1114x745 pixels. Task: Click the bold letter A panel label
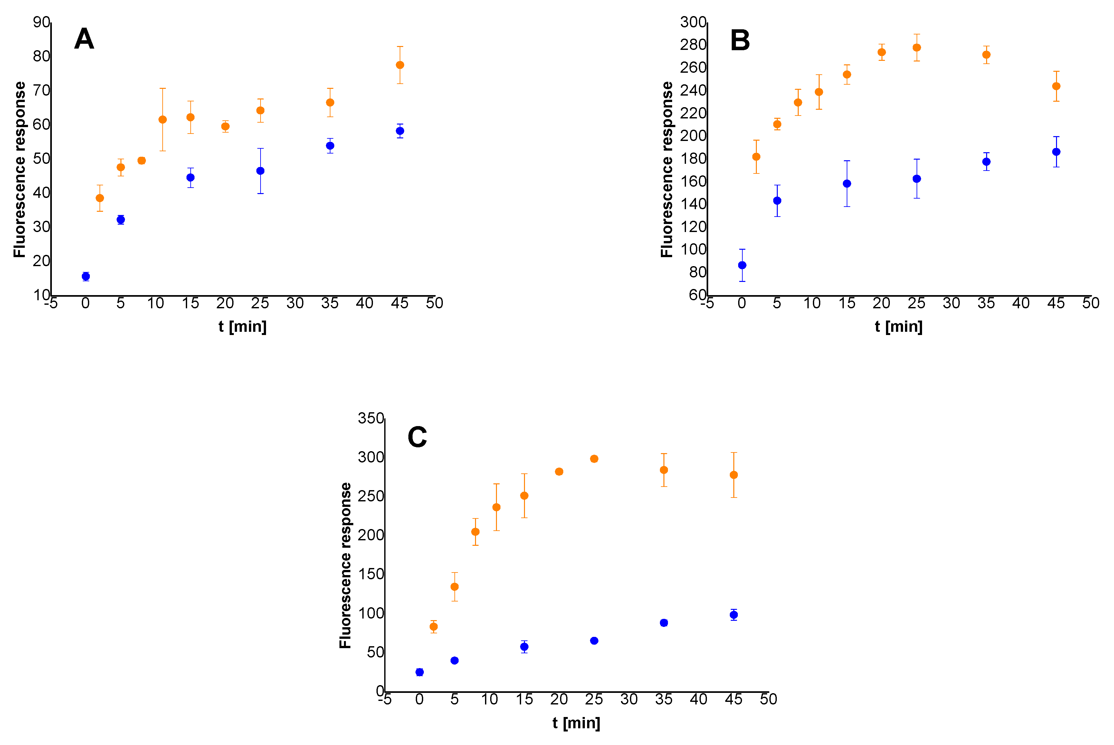(x=84, y=39)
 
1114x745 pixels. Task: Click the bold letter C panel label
(x=417, y=437)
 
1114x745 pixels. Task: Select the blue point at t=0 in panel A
(x=86, y=276)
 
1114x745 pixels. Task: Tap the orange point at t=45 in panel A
(x=400, y=65)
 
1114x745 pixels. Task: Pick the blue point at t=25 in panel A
(x=260, y=171)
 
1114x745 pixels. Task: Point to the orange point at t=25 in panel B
(x=917, y=48)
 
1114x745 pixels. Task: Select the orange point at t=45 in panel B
(x=1056, y=86)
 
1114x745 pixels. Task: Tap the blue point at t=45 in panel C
(x=734, y=615)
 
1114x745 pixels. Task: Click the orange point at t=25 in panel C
(x=594, y=459)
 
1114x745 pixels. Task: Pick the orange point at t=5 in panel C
(x=454, y=587)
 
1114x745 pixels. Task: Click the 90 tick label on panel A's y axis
(x=41, y=22)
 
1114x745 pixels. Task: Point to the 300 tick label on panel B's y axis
(x=693, y=22)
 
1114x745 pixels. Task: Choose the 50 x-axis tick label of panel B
(x=1091, y=303)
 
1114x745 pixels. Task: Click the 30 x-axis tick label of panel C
(x=629, y=699)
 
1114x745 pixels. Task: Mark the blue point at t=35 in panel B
(x=986, y=162)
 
